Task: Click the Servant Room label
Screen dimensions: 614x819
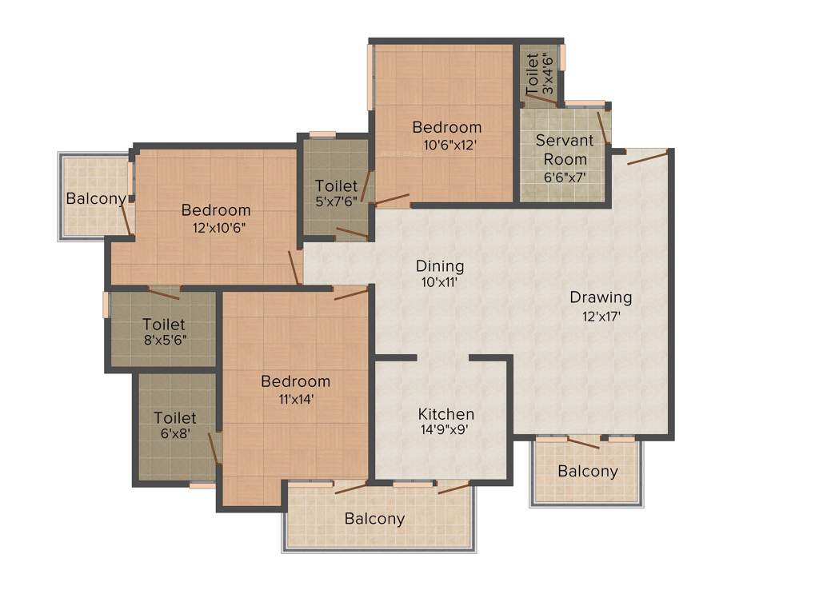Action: (565, 150)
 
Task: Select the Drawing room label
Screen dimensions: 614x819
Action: (601, 297)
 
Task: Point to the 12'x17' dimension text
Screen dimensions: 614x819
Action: (601, 316)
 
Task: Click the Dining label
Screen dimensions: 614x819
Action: (440, 266)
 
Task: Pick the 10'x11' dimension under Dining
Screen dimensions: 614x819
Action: (440, 282)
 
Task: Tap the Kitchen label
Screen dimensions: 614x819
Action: (446, 414)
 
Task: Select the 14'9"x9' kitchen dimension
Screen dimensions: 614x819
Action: (445, 429)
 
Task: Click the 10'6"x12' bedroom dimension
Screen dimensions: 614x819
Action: (447, 145)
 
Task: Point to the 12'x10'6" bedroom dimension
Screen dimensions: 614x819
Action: (215, 227)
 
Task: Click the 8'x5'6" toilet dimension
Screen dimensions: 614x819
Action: (164, 340)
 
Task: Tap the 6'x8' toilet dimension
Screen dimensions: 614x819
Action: (175, 434)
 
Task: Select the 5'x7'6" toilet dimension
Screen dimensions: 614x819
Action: (336, 202)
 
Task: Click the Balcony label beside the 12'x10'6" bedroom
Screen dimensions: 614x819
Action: (96, 198)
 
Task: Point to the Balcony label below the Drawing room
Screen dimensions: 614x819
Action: (588, 471)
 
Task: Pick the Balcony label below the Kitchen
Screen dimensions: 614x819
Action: (374, 519)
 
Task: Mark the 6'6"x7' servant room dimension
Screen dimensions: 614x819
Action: (565, 177)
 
